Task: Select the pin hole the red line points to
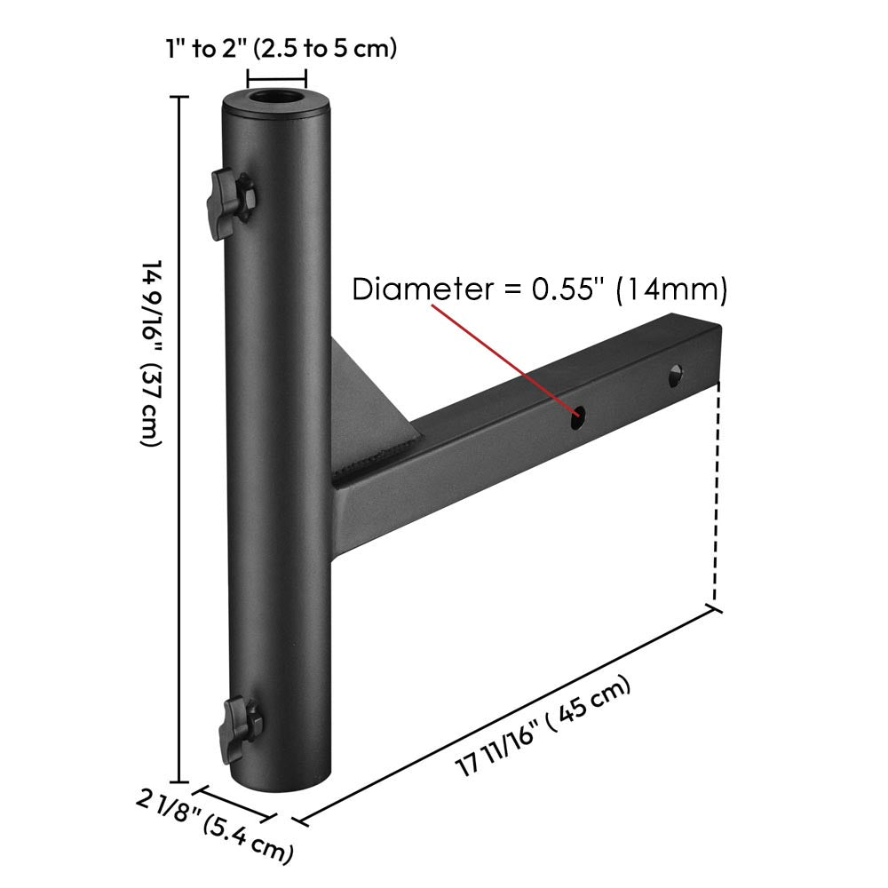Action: [x=579, y=413]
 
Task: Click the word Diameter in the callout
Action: [x=414, y=289]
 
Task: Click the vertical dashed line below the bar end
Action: [x=715, y=497]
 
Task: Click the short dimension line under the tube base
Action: [x=235, y=799]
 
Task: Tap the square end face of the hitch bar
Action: [x=716, y=355]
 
